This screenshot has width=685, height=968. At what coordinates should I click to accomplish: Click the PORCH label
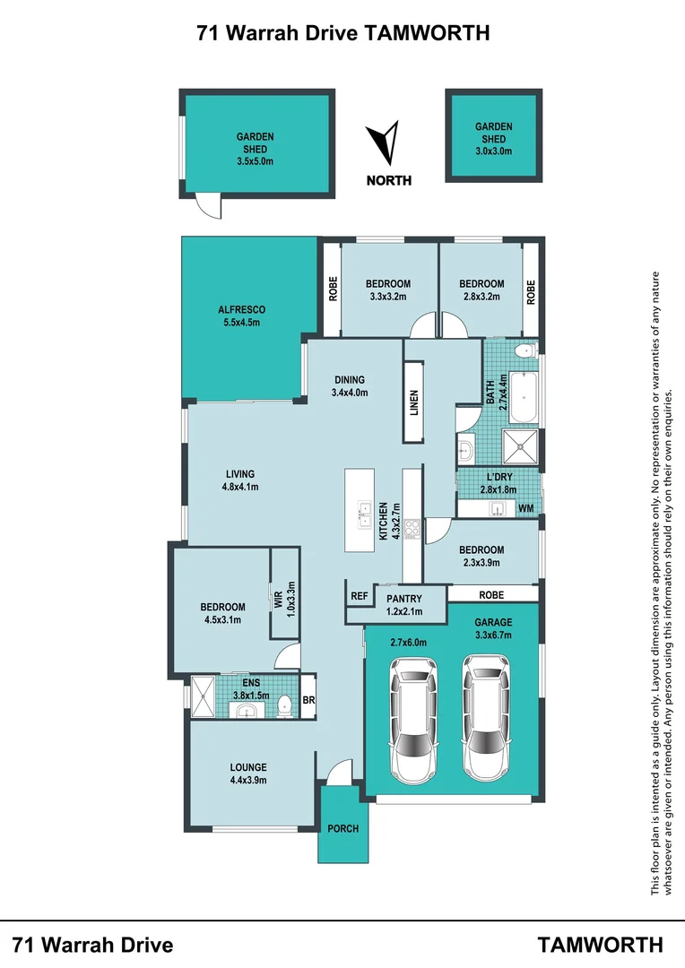342,829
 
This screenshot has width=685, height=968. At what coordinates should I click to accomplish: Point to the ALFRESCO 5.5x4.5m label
241,316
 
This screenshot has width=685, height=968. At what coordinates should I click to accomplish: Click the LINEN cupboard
413,402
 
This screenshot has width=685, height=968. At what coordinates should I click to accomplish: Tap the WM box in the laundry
526,509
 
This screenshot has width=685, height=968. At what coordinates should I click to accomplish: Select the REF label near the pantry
360,595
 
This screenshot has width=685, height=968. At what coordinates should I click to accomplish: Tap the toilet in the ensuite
284,705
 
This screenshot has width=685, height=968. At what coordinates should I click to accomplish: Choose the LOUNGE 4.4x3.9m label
248,774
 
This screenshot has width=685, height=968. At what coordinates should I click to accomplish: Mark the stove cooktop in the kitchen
413,528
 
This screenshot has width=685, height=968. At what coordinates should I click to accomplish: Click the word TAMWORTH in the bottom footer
601,944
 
